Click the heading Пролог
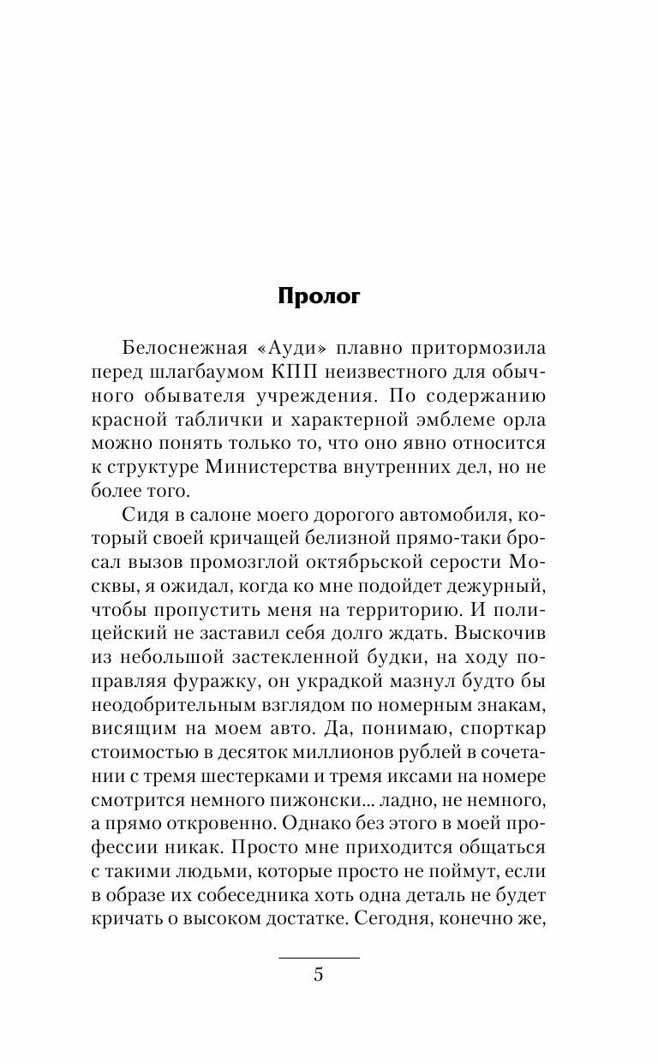pos(319,296)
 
